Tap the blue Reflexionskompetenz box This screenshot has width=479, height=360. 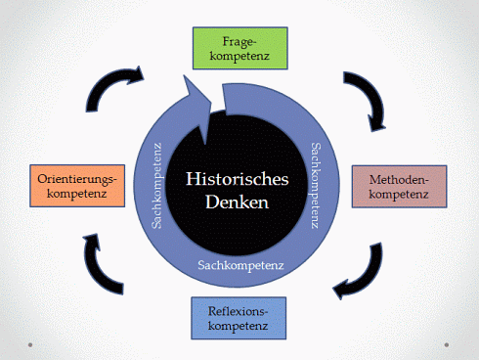click(238, 316)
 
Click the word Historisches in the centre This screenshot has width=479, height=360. click(239, 180)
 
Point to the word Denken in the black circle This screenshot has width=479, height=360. click(239, 204)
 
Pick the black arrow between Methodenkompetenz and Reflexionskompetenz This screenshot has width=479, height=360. click(359, 271)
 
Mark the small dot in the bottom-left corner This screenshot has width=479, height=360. click(32, 344)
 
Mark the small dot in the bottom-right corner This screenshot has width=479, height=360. click(448, 344)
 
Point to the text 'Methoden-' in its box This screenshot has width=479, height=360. click(399, 178)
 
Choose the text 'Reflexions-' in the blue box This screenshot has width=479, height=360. click(238, 308)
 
